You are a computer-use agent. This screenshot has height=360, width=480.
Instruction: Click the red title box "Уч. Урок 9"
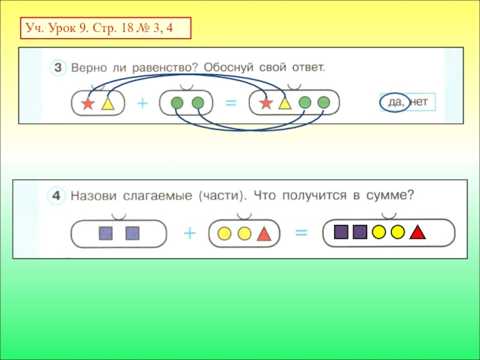pyautogui.click(x=105, y=28)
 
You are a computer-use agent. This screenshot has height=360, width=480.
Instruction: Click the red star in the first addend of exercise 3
pyautogui.click(x=88, y=104)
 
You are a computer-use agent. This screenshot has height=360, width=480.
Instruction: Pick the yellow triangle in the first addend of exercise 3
pyautogui.click(x=107, y=104)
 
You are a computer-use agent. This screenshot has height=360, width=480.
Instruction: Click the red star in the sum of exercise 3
pyautogui.click(x=266, y=104)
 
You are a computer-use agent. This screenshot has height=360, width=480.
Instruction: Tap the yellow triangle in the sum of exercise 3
pyautogui.click(x=284, y=104)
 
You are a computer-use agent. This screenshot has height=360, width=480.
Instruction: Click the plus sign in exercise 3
pyautogui.click(x=142, y=103)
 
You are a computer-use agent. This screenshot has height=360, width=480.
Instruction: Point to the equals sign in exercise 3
pyautogui.click(x=230, y=103)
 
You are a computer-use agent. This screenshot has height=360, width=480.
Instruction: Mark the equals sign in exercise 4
pyautogui.click(x=301, y=233)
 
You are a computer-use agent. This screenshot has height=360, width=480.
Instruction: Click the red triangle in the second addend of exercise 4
pyautogui.click(x=263, y=234)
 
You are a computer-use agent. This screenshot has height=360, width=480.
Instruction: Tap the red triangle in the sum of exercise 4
pyautogui.click(x=418, y=232)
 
